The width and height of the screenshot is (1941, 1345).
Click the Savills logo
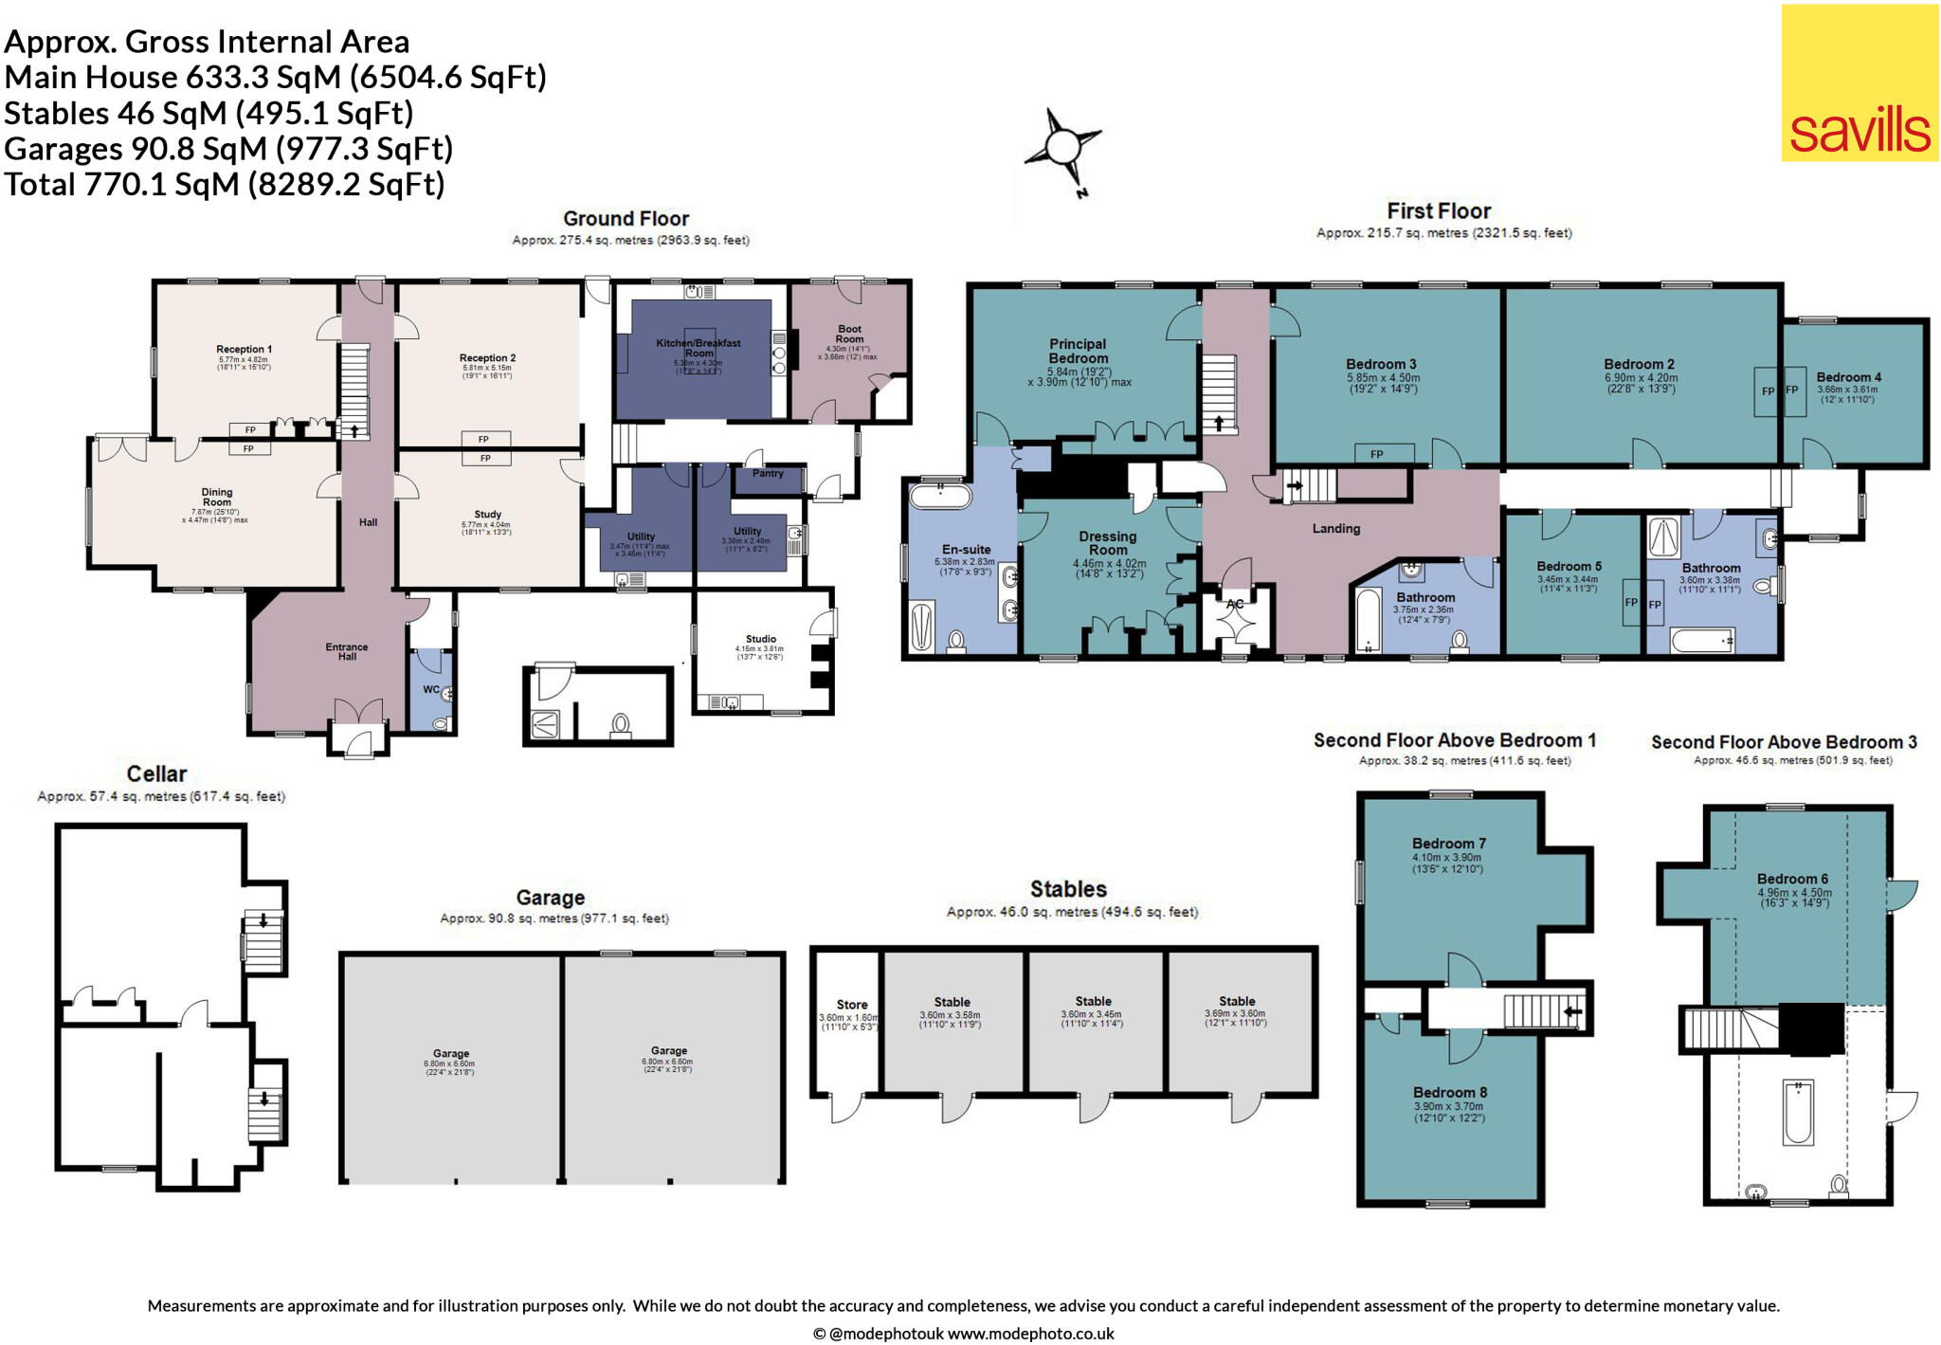[1859, 83]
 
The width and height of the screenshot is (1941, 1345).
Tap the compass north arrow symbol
[1063, 150]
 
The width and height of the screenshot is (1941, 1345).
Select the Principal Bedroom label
[1078, 351]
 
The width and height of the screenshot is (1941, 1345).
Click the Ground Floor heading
[626, 219]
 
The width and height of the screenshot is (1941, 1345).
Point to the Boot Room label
[849, 334]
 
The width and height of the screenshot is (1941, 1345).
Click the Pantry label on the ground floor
[768, 473]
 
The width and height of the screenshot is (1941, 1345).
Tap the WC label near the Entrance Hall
[431, 689]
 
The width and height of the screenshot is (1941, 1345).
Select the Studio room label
[760, 639]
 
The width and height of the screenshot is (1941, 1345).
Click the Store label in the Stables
[851, 1005]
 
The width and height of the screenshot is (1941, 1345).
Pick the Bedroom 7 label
[1448, 844]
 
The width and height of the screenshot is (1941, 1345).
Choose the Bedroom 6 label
[1792, 879]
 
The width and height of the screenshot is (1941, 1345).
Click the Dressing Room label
[1107, 543]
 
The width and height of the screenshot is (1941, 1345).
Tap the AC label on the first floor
[1234, 604]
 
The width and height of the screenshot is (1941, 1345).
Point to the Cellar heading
[156, 773]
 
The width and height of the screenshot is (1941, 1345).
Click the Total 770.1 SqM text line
[225, 184]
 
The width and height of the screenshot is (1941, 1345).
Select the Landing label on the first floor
[1335, 528]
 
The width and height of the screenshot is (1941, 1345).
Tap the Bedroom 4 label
[1848, 377]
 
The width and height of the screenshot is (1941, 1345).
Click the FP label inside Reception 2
[483, 439]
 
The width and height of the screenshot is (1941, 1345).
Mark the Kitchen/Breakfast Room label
[698, 348]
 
